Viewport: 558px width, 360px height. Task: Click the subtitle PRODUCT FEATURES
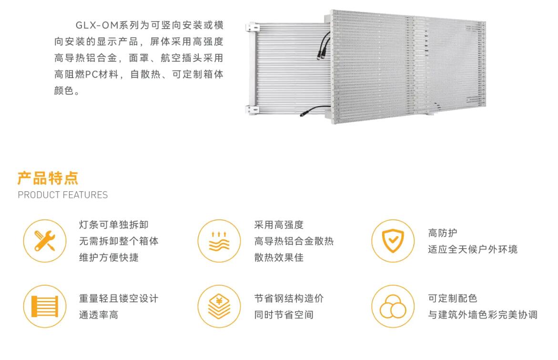point(62,195)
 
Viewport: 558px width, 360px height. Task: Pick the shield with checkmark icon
point(393,241)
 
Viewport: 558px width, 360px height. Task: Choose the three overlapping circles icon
point(393,306)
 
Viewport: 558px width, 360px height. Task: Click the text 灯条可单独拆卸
point(110,225)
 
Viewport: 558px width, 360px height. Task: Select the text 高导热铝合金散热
point(294,241)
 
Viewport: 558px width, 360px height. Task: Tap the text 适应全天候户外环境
point(473,250)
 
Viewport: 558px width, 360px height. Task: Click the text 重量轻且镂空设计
point(119,299)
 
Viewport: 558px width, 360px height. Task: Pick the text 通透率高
point(98,315)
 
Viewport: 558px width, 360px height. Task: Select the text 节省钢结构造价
point(289,299)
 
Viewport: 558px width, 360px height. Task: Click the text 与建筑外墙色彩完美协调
point(483,315)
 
